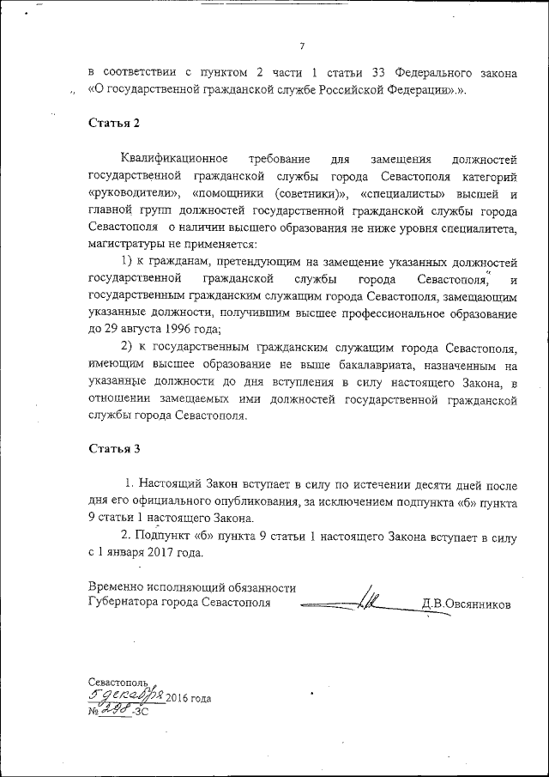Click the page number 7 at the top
point(302,46)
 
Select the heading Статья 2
point(113,123)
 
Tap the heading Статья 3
point(113,449)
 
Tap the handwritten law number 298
point(117,710)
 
